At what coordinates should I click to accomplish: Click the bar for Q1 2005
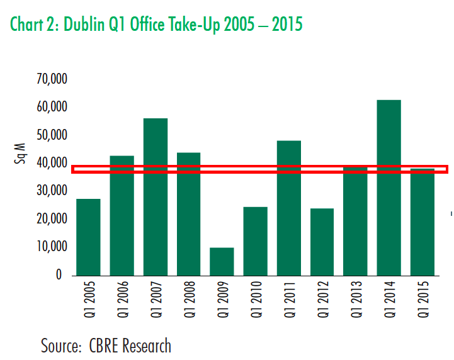(x=88, y=237)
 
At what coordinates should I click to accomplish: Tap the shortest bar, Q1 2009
(x=222, y=261)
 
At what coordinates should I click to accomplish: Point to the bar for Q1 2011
(x=288, y=208)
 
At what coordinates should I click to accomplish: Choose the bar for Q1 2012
(x=322, y=242)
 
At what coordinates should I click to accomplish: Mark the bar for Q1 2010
(x=255, y=241)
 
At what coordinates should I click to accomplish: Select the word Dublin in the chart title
(x=90, y=25)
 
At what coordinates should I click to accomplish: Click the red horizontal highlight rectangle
(x=259, y=169)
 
